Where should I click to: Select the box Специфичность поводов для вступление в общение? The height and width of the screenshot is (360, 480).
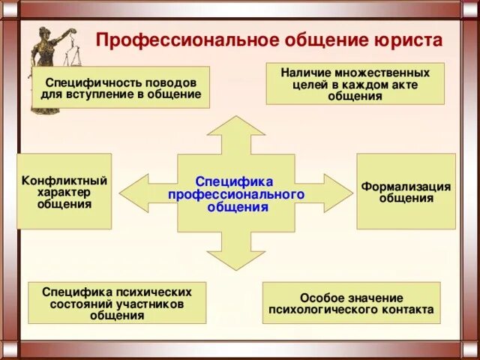(x=121, y=88)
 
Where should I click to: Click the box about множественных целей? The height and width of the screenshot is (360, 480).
(x=355, y=84)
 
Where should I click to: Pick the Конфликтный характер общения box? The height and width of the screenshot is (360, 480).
(x=64, y=192)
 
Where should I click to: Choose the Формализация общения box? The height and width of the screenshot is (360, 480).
(x=406, y=192)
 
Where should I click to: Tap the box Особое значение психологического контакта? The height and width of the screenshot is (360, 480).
(x=351, y=303)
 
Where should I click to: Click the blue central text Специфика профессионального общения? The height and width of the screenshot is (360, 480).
(x=235, y=194)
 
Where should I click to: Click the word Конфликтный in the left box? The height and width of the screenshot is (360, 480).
(x=64, y=181)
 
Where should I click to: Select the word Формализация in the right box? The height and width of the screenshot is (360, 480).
(x=406, y=187)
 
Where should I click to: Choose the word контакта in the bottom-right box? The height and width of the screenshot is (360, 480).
(x=406, y=309)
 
